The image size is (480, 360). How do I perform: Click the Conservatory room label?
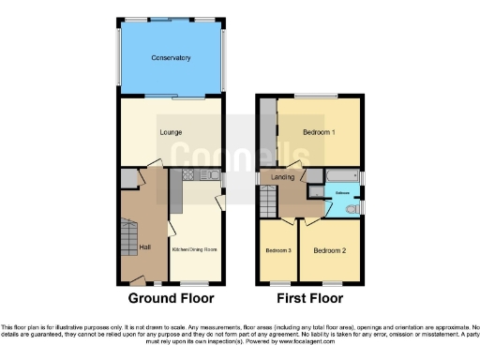click(171, 58)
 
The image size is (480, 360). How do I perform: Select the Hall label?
click(144, 247)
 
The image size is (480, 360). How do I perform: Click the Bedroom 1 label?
click(320, 132)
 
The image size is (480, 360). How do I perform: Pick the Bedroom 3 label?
click(277, 251)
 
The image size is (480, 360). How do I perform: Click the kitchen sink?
click(214, 175)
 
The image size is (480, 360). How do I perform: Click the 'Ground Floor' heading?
click(171, 299)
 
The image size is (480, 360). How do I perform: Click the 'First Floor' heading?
click(309, 299)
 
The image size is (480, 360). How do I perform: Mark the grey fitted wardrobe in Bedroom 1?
click(267, 131)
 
